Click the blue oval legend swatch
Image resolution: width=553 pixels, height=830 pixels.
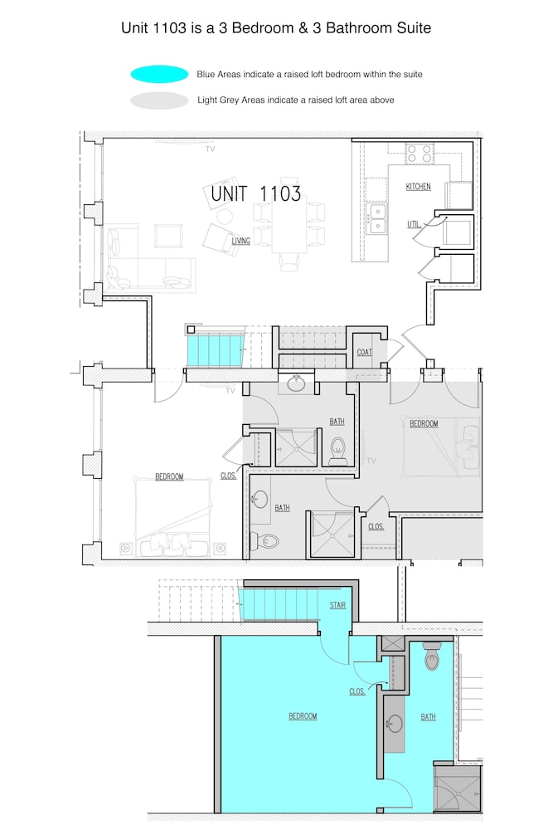[x=159, y=74]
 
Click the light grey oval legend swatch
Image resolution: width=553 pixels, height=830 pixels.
[x=159, y=100]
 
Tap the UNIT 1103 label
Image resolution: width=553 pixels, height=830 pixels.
[x=256, y=193]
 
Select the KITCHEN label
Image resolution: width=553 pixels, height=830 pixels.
[x=418, y=186]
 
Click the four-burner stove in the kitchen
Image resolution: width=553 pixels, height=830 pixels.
[x=420, y=154]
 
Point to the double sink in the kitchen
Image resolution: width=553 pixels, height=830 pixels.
[x=377, y=218]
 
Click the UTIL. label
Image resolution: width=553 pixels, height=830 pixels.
[x=414, y=224]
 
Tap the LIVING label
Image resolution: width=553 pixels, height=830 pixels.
[x=240, y=241]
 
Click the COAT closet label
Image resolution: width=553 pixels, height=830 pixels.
[x=364, y=352]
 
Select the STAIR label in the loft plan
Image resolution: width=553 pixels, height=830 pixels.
[x=337, y=605]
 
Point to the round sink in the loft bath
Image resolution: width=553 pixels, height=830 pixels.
[x=395, y=724]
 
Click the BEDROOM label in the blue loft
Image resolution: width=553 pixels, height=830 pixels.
[x=303, y=716]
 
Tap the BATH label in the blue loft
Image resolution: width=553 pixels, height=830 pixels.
[x=429, y=717]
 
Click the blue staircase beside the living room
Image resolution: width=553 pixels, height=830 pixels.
[x=216, y=349]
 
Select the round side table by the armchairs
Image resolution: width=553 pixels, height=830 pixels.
[x=225, y=217]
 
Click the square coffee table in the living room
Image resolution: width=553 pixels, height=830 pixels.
[x=168, y=236]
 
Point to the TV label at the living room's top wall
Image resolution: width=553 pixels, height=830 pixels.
[x=211, y=149]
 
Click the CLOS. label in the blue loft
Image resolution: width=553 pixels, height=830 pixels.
[x=357, y=691]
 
